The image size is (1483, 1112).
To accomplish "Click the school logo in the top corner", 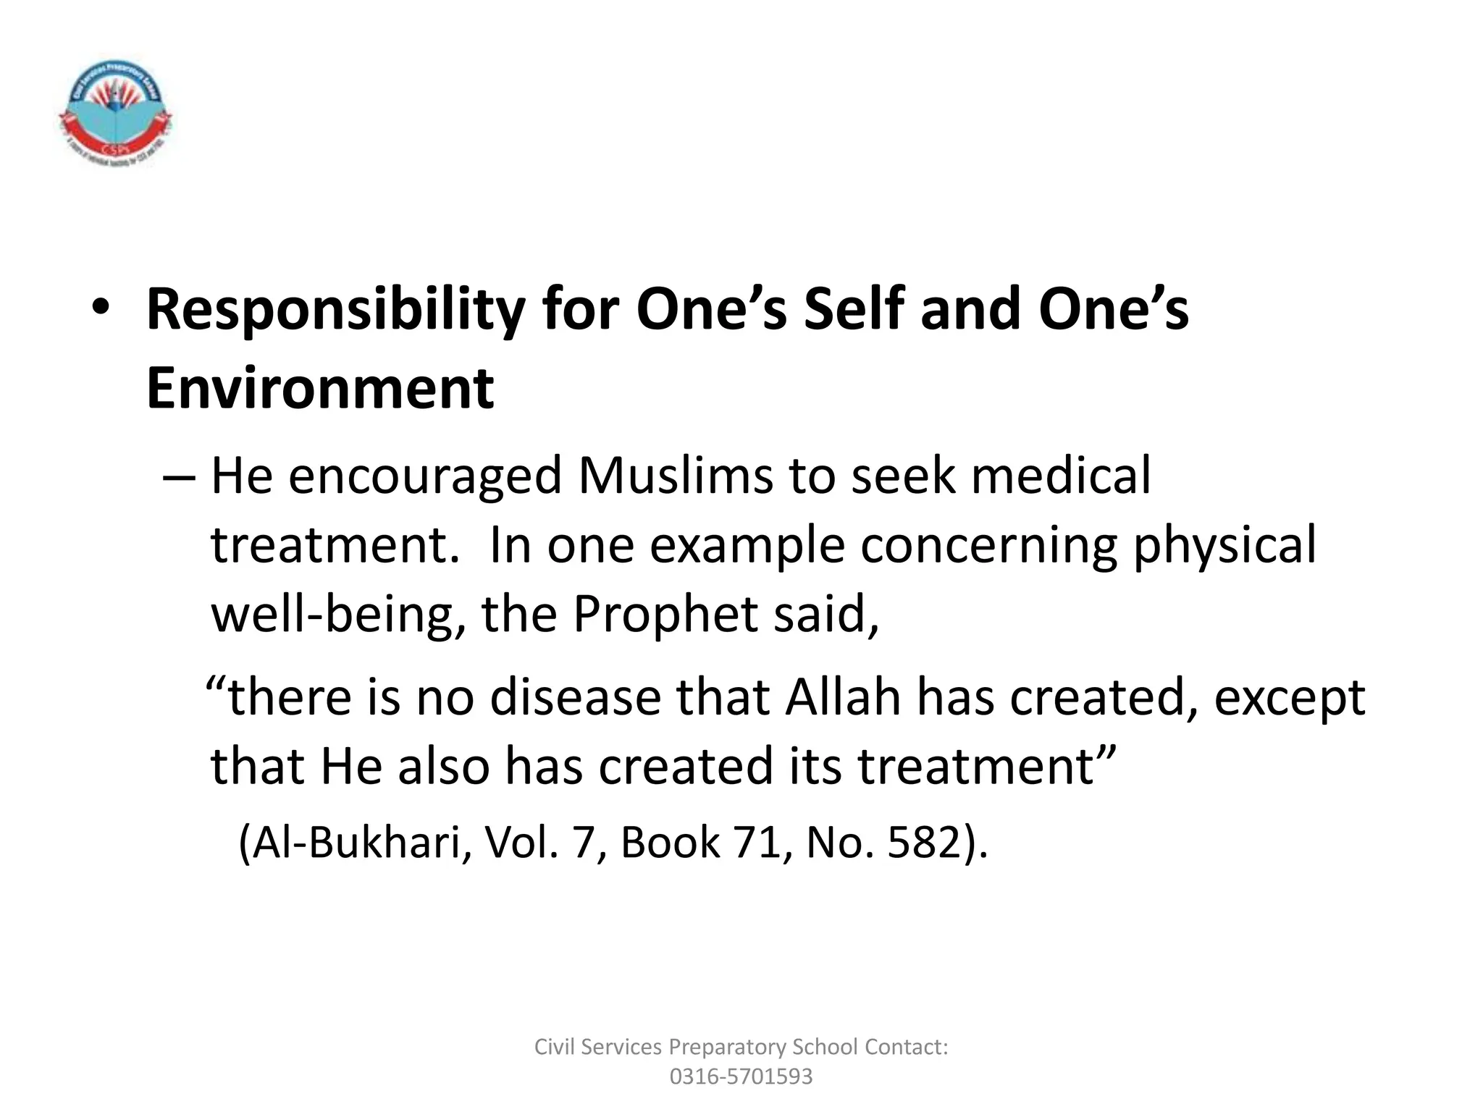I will point(114,113).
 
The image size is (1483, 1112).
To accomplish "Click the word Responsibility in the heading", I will point(335,310).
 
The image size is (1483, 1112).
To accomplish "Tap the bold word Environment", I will point(320,389).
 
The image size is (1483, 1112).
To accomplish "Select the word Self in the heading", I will point(854,310).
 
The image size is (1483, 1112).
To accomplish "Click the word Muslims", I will point(676,476).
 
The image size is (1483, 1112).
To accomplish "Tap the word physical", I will point(1224,546).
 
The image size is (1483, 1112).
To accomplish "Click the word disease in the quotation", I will point(576,698).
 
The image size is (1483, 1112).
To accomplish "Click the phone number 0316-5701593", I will point(741,1077).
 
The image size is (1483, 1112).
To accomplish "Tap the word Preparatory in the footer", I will point(728,1047).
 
